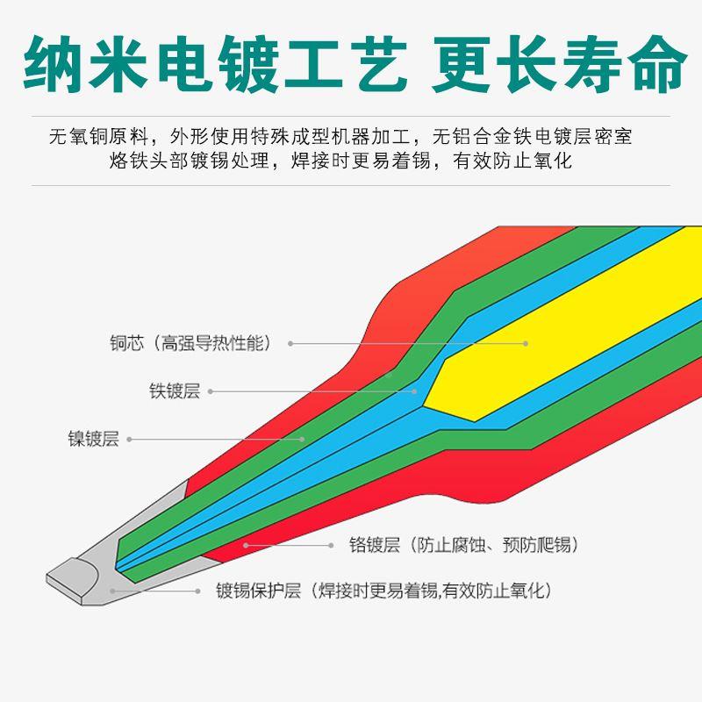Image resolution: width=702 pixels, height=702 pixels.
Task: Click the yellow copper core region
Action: [562, 333]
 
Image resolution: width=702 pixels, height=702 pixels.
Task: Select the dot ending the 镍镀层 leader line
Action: [303, 439]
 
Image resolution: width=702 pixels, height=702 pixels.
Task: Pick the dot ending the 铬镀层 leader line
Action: [247, 545]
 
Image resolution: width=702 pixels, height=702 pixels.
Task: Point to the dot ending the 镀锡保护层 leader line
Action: [112, 591]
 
